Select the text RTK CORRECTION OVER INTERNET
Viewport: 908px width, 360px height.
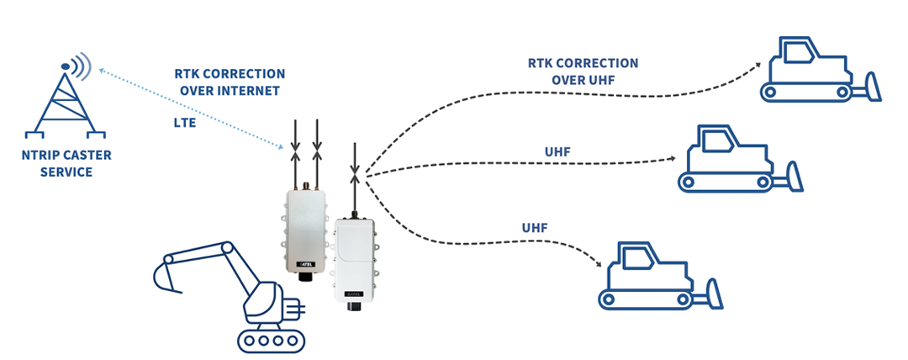[x=230, y=82]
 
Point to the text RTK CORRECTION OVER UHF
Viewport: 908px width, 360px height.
[x=583, y=71]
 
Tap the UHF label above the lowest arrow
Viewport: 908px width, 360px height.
[x=536, y=227]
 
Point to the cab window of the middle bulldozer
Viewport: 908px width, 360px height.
[x=715, y=140]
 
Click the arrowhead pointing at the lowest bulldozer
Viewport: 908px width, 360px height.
[x=601, y=264]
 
